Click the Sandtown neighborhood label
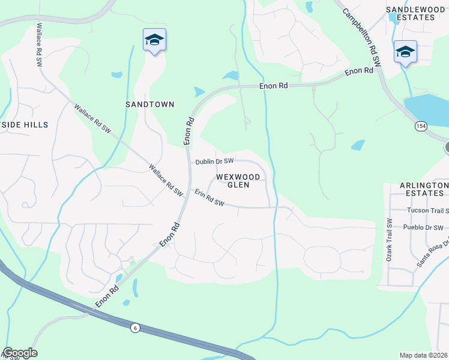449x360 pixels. pos(149,104)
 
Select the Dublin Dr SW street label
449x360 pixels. pos(214,162)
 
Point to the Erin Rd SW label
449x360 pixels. pos(209,199)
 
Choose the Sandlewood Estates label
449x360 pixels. pos(410,13)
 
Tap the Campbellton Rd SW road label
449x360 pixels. pos(362,36)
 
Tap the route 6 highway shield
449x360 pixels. pos(135,327)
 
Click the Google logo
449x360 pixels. pos(20,353)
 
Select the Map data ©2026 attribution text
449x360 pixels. pos(423,355)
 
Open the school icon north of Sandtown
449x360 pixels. pos(154,40)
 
